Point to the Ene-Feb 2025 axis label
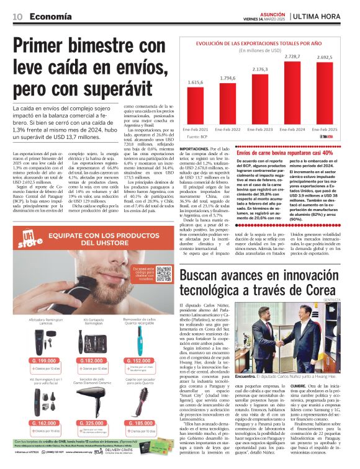tap(323, 130)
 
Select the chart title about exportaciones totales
tap(260, 43)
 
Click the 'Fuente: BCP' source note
tap(197, 136)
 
